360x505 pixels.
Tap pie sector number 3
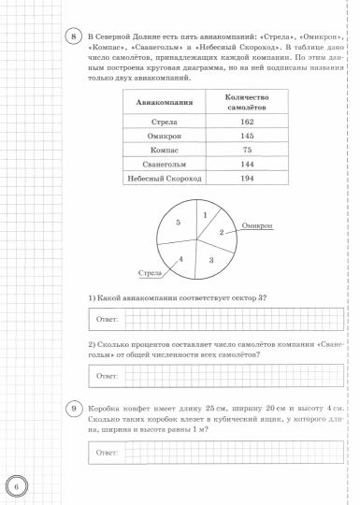click(x=211, y=259)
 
